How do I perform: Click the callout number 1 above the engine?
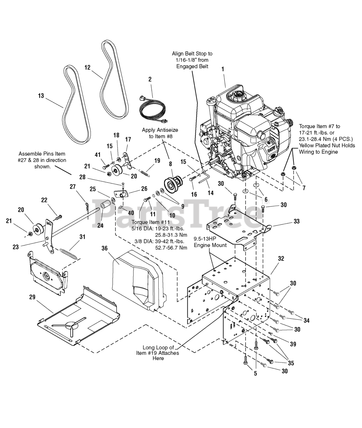[223, 69]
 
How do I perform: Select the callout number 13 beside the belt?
[41, 96]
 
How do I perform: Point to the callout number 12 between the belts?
[87, 68]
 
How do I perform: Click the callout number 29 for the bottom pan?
[32, 297]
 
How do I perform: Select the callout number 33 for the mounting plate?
[297, 221]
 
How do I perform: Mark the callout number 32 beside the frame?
[281, 258]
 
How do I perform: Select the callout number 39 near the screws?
[293, 344]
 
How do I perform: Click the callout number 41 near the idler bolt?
[98, 155]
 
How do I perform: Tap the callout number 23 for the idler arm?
[16, 247]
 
